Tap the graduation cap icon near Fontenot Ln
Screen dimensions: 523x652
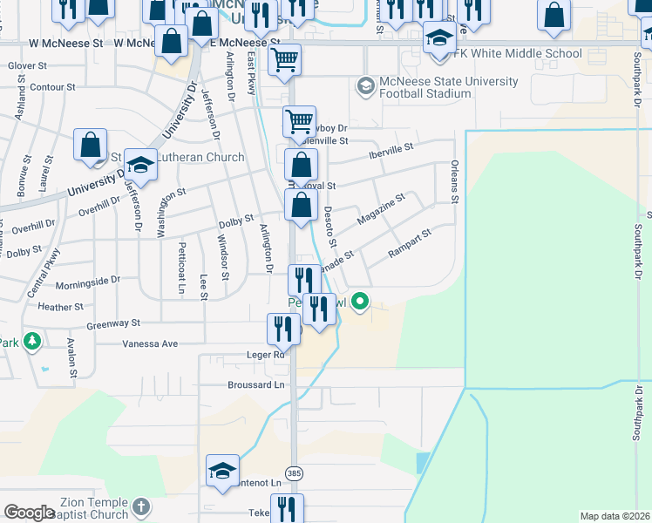point(222,471)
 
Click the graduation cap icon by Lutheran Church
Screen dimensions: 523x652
point(139,164)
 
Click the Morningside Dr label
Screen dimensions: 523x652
point(87,282)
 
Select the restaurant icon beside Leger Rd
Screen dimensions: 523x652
point(282,329)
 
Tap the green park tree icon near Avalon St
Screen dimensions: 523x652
point(33,340)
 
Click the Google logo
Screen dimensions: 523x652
point(30,513)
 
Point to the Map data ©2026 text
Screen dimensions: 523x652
point(615,516)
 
